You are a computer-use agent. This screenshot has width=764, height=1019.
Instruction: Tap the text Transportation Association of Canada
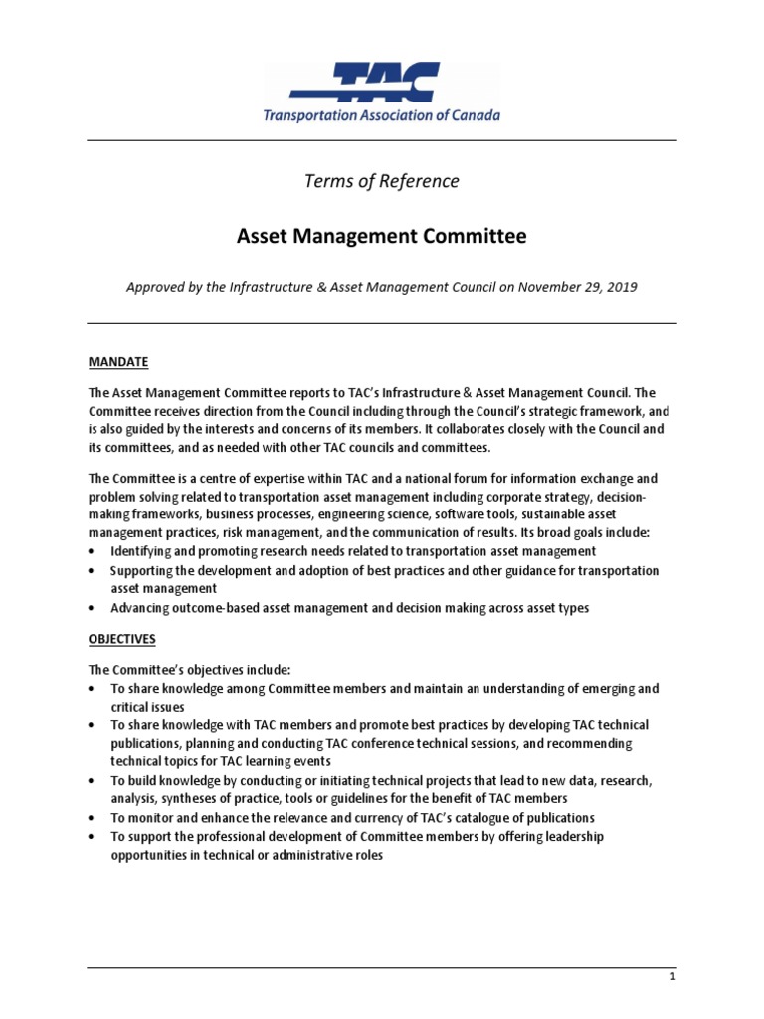[382, 115]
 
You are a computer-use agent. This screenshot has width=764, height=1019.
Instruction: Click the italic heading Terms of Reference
[382, 181]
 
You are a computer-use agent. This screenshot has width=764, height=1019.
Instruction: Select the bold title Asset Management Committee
[382, 237]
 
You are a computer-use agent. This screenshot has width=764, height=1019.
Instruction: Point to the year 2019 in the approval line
[618, 287]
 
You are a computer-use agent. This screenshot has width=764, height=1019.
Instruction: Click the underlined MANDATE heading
[118, 362]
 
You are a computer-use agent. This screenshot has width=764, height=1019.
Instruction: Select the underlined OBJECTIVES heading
[122, 638]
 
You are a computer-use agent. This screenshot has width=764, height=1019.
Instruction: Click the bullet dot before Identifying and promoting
[93, 551]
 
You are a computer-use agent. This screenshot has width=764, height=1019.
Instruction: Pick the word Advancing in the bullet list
[141, 608]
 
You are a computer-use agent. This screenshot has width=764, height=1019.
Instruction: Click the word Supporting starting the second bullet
[144, 571]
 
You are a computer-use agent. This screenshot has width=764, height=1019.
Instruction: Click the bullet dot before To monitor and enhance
[93, 819]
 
